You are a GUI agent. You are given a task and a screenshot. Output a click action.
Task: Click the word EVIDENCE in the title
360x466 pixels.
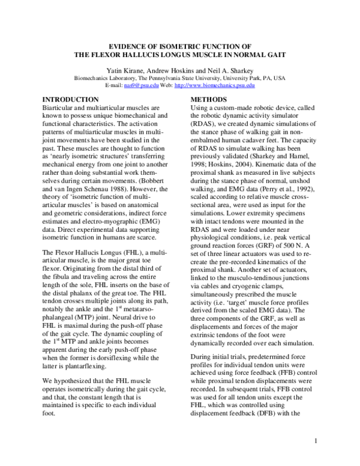[133, 46]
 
